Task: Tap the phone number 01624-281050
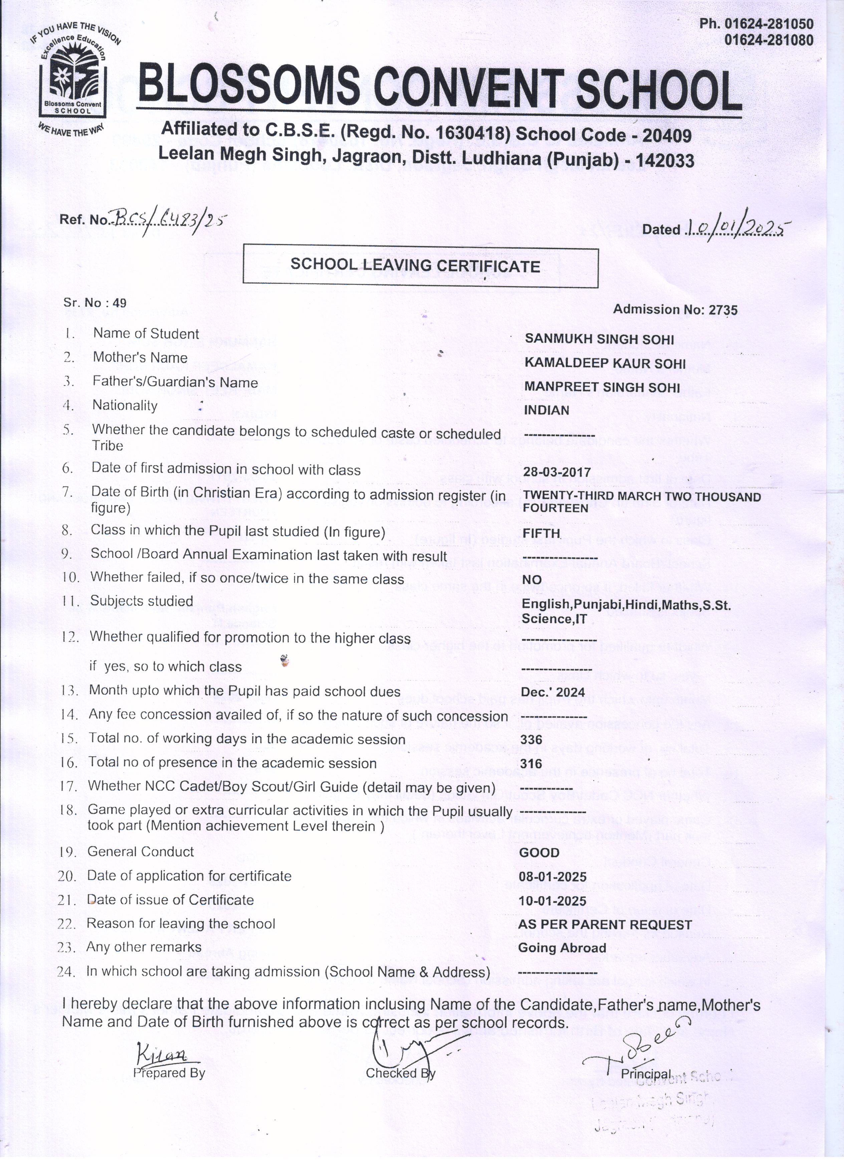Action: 756,24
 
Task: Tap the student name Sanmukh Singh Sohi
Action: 599,339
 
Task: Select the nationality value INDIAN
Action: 547,410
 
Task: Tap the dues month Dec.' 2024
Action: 553,693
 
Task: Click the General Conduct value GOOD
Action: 539,852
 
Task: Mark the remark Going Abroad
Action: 562,948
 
